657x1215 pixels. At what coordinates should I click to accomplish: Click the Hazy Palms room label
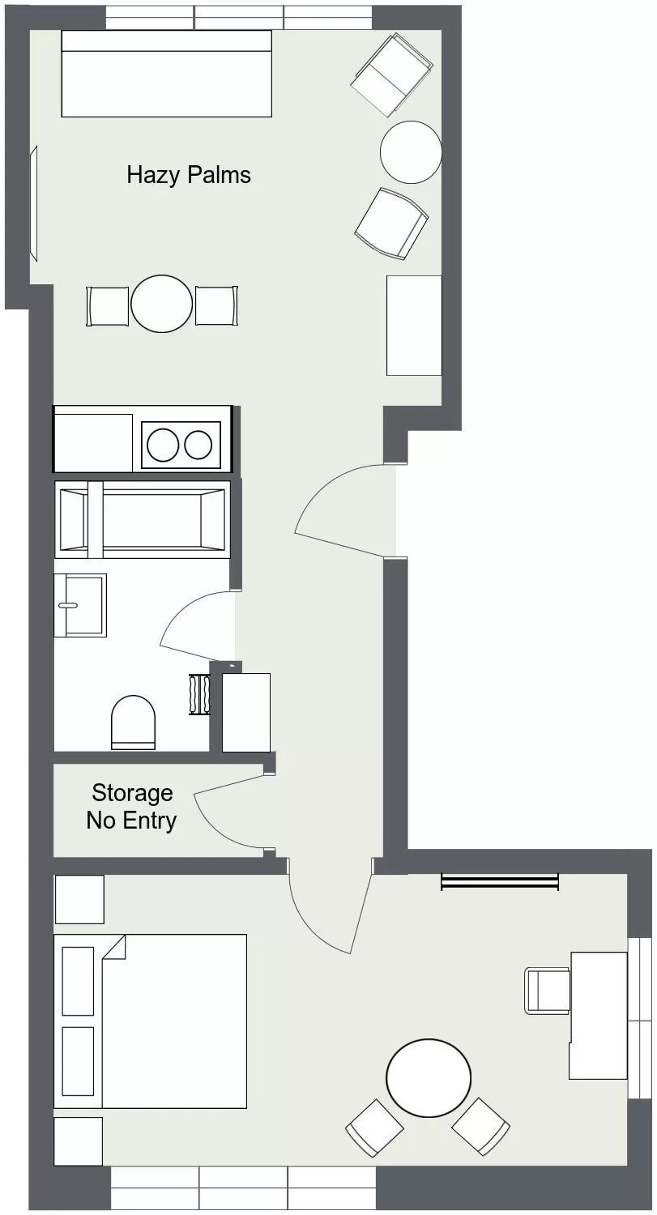pos(189,175)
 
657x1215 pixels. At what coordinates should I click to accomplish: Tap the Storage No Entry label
pos(131,806)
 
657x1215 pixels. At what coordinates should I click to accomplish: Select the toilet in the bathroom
pos(133,721)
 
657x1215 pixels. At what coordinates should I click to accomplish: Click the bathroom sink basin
pos(79,605)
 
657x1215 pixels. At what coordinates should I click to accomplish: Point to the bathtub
pos(143,519)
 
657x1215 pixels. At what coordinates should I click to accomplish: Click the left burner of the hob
pos(162,445)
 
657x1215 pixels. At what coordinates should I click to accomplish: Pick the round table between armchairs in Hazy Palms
pos(411,151)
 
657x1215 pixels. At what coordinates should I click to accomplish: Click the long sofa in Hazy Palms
pos(166,74)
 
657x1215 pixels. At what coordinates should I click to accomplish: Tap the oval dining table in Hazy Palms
pos(162,304)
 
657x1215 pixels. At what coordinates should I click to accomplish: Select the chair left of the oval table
pos(109,306)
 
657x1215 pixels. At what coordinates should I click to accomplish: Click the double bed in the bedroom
pos(150,1021)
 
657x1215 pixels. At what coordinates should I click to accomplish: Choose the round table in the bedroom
pos(429,1078)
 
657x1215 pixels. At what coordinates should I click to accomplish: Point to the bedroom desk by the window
pos(598,1015)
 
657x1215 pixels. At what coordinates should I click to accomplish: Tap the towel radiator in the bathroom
pos(199,694)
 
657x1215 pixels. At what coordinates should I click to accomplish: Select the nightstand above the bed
pos(79,899)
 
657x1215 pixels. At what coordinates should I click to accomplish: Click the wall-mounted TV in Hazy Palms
pos(34,203)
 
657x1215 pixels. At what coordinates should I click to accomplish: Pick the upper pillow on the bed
pos(78,980)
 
